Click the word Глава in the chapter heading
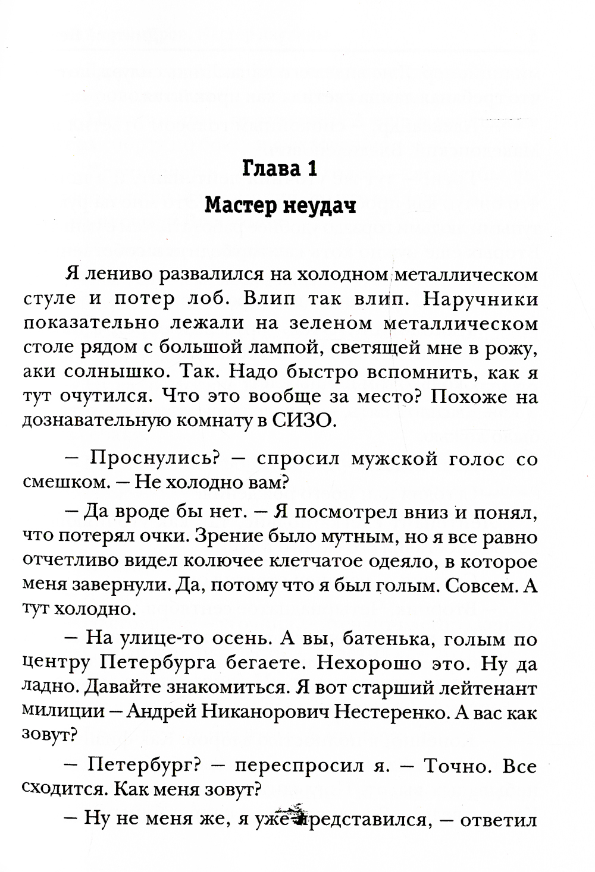click(267, 169)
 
